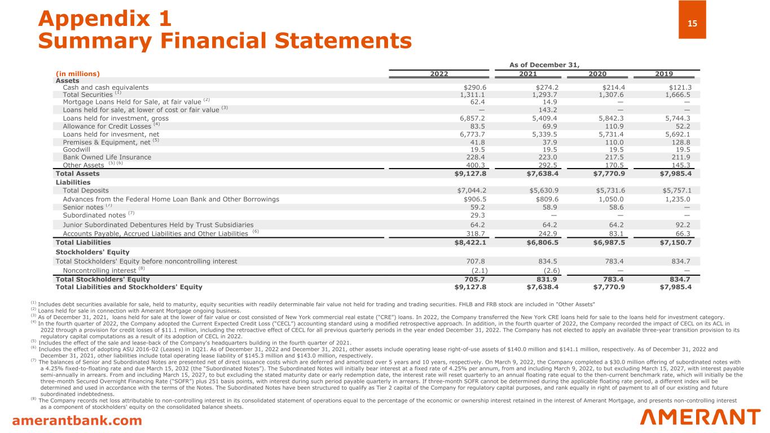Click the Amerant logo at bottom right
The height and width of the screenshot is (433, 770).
701,418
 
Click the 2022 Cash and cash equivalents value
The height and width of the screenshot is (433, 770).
474,87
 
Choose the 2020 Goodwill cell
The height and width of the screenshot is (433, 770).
615,150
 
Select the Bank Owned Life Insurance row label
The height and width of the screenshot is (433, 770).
107,158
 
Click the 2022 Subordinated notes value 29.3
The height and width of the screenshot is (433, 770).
478,215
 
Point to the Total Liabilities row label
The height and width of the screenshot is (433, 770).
83,242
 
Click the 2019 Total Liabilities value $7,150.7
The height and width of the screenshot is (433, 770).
675,242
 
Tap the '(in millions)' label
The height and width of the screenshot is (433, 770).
77,74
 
